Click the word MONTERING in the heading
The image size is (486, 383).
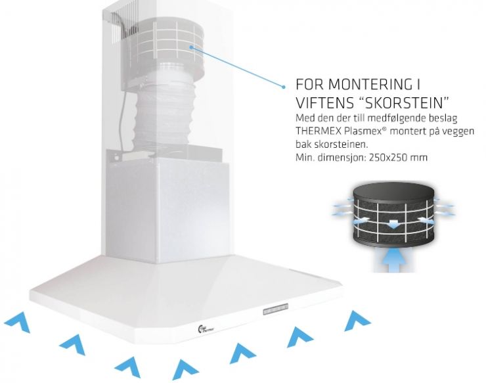coord(368,84)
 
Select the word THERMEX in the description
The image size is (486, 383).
coord(319,131)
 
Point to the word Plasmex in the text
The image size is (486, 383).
coord(363,131)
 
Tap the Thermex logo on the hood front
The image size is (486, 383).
coord(206,328)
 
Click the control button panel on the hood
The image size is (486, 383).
coord(276,309)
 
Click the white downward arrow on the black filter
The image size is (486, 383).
coord(393,223)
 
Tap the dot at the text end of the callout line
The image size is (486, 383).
coord(284,87)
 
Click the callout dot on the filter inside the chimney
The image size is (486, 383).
coord(192,47)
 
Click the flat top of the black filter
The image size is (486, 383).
coord(393,192)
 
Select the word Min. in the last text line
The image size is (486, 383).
coord(303,158)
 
